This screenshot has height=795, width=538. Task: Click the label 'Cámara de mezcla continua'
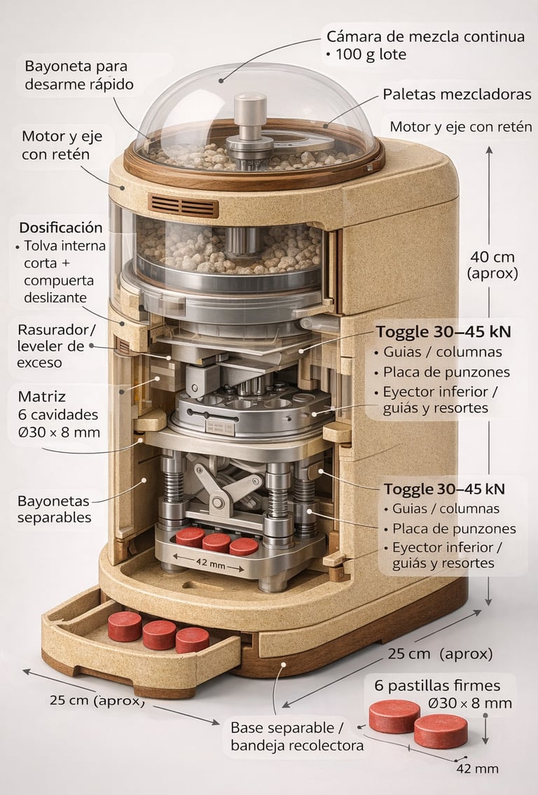pos(426,36)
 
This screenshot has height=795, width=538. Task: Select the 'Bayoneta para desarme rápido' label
pos(79,76)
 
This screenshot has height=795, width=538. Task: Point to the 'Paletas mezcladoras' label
pos(457,94)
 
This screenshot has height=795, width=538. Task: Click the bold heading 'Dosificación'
pos(61,227)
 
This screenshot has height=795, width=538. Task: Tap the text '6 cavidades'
pos(57,414)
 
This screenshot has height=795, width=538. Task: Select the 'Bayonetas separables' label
pos(54,509)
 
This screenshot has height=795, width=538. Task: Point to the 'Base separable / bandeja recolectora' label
pos(297,736)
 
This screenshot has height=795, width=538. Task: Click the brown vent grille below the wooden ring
pos(184,206)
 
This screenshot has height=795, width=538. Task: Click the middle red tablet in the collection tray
pos(160,634)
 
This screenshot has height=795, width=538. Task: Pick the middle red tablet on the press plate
pos(216,542)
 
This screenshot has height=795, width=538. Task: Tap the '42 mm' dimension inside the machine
pos(209,563)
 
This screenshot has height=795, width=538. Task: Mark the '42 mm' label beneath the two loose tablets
pos(477,768)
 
